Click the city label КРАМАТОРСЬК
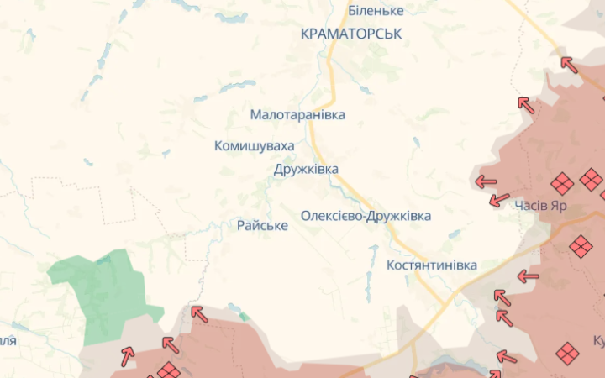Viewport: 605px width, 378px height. pyautogui.click(x=351, y=34)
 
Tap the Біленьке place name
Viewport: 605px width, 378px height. pyautogui.click(x=376, y=11)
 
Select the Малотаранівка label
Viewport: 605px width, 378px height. pyautogui.click(x=297, y=114)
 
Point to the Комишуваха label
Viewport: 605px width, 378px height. pyautogui.click(x=255, y=146)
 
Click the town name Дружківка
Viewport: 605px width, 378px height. pyautogui.click(x=306, y=169)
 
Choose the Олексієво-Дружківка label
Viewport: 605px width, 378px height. pyautogui.click(x=366, y=216)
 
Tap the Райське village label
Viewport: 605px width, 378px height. pyautogui.click(x=262, y=226)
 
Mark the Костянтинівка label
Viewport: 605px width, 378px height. pyautogui.click(x=431, y=265)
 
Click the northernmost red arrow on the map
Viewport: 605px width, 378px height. pyautogui.click(x=569, y=64)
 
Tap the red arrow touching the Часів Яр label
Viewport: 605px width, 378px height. pyautogui.click(x=499, y=200)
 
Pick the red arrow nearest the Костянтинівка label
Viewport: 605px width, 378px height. pyautogui.click(x=527, y=276)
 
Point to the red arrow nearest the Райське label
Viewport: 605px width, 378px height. pyautogui.click(x=198, y=314)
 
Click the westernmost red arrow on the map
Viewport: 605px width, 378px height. pyautogui.click(x=128, y=355)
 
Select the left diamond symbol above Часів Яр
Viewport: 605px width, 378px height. pyautogui.click(x=561, y=184)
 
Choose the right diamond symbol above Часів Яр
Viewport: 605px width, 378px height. pyautogui.click(x=591, y=178)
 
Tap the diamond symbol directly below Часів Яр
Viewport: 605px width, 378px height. pyautogui.click(x=580, y=246)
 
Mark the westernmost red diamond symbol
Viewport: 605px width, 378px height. pyautogui.click(x=168, y=370)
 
